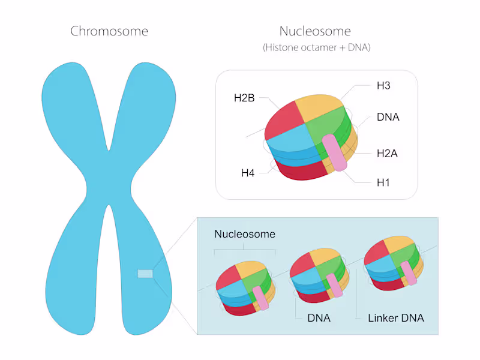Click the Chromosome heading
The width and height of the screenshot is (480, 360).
tap(109, 31)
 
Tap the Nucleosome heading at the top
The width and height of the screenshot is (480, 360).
tap(315, 31)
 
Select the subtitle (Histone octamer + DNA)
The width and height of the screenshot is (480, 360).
tap(316, 47)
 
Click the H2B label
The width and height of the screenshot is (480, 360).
tap(244, 98)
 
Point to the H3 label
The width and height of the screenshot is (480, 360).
tap(383, 86)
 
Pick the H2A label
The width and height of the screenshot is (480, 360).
tap(388, 154)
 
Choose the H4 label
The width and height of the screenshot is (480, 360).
tap(248, 173)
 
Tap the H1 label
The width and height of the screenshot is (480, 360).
tap(383, 181)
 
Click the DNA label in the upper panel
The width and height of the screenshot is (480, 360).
tap(388, 117)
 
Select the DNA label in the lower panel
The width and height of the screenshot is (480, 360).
tap(319, 318)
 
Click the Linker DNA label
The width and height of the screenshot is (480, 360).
tap(395, 318)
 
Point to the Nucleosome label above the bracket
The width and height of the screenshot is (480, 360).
tap(245, 234)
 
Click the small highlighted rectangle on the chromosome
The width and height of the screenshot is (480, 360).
tap(145, 274)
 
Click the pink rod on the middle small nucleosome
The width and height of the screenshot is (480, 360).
tap(335, 286)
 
